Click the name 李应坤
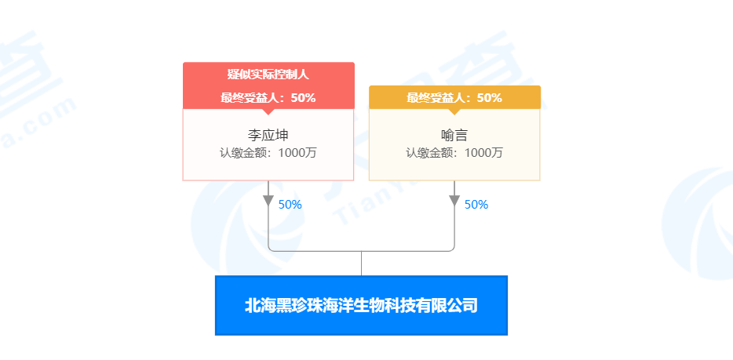(x=268, y=134)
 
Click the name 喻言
(x=454, y=134)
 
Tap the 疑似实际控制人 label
(x=268, y=75)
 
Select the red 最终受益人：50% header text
(x=268, y=98)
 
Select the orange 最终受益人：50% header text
(x=454, y=98)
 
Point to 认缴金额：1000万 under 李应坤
(x=268, y=152)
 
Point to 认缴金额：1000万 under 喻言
(x=454, y=152)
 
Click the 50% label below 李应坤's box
(x=290, y=205)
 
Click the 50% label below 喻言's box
(x=476, y=205)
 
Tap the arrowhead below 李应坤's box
(x=268, y=200)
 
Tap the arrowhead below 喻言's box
(x=454, y=200)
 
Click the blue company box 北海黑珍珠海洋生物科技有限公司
(x=361, y=305)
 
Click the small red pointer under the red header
(x=268, y=111)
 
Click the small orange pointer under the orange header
(x=454, y=111)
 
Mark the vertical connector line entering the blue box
(x=361, y=264)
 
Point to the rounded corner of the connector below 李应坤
(x=271, y=249)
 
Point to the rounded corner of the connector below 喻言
(x=452, y=249)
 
